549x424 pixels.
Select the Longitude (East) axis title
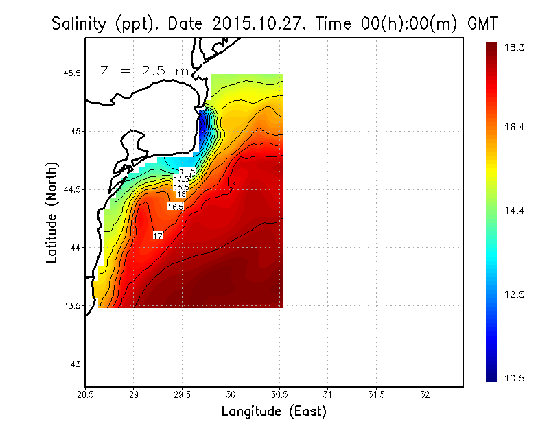pos(274,411)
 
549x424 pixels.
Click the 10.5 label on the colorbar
pos(515,378)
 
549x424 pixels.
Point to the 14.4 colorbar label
pos(515,211)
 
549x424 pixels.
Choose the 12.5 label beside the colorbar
pos(515,294)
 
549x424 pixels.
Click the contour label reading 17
pos(158,235)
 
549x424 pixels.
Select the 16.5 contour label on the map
pos(176,206)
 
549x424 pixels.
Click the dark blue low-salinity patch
pos(202,124)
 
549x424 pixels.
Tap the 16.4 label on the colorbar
pos(515,128)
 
